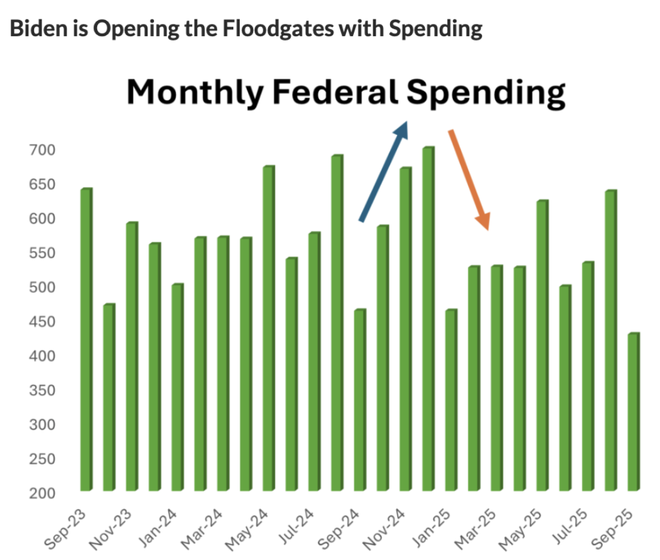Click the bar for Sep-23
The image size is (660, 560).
click(x=86, y=339)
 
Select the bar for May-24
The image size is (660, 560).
click(x=268, y=328)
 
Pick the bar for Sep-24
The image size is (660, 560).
click(x=360, y=400)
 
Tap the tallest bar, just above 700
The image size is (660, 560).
click(x=428, y=319)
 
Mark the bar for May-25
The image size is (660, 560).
click(x=542, y=345)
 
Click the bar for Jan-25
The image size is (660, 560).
click(x=451, y=400)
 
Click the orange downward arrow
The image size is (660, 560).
click(x=469, y=180)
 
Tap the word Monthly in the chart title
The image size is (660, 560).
click(x=195, y=92)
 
